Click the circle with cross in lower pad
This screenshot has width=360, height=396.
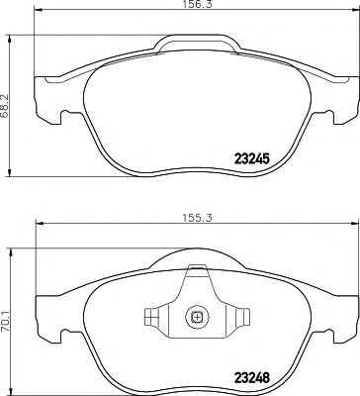pos(196,318)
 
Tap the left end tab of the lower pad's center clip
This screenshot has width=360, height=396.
pos(150,318)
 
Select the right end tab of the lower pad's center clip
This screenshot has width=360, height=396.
pos(242,318)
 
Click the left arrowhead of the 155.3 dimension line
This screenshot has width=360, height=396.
pos(38,225)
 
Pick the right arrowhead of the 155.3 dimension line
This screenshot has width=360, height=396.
pos(335,225)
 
